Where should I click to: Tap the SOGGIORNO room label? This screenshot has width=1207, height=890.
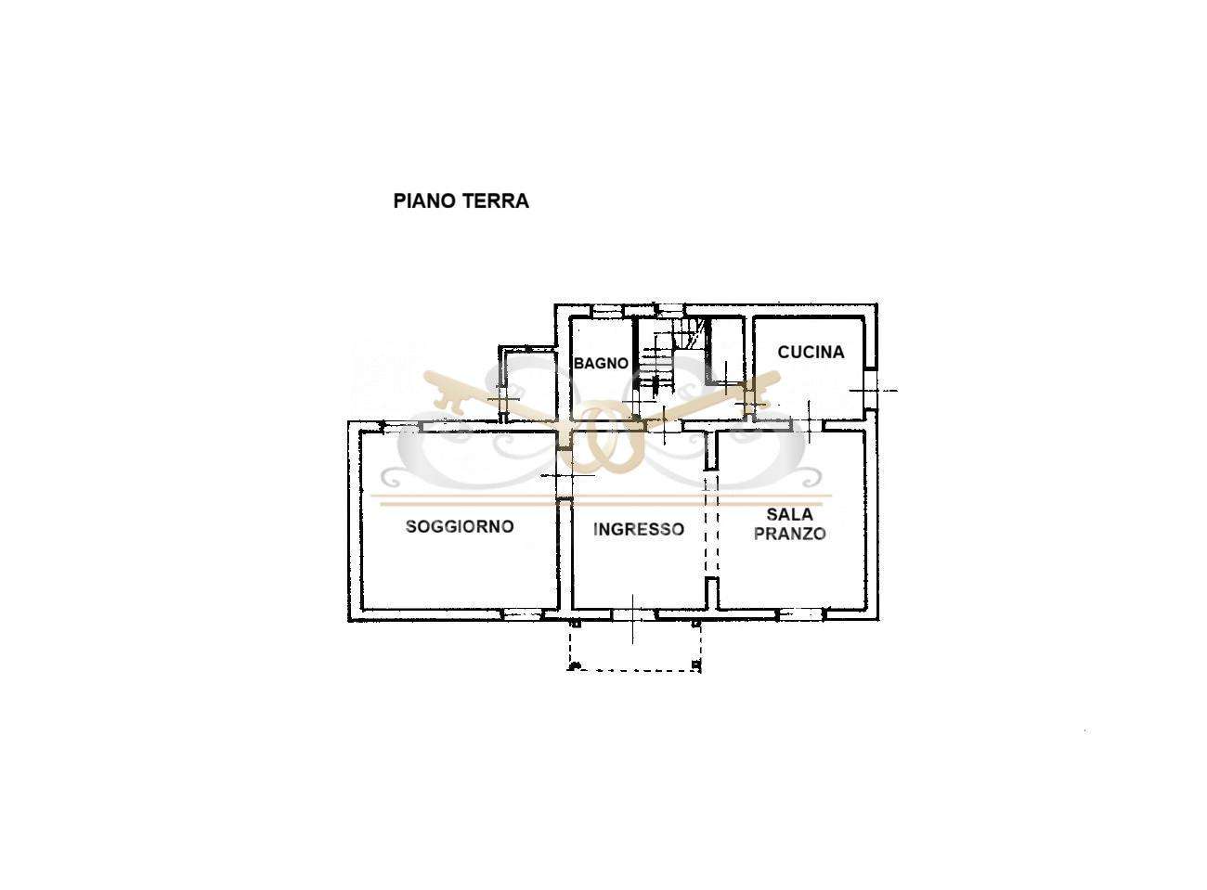460,526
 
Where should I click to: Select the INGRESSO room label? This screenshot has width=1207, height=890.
639,529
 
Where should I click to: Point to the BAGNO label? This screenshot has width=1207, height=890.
601,363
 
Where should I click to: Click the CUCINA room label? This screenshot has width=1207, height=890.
811,353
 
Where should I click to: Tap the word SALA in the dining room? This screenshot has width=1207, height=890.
790,514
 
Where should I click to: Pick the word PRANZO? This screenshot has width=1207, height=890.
790,534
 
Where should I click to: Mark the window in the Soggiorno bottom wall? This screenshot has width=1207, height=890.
522,614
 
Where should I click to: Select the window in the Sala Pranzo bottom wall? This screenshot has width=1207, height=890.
802,614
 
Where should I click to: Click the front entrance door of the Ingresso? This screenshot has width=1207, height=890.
635,614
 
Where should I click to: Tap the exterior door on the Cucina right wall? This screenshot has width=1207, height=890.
871,390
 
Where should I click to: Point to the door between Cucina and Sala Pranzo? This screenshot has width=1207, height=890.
807,426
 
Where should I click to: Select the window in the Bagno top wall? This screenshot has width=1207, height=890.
608,311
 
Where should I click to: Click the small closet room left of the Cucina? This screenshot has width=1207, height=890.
727,349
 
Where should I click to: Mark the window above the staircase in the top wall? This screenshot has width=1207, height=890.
671,311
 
